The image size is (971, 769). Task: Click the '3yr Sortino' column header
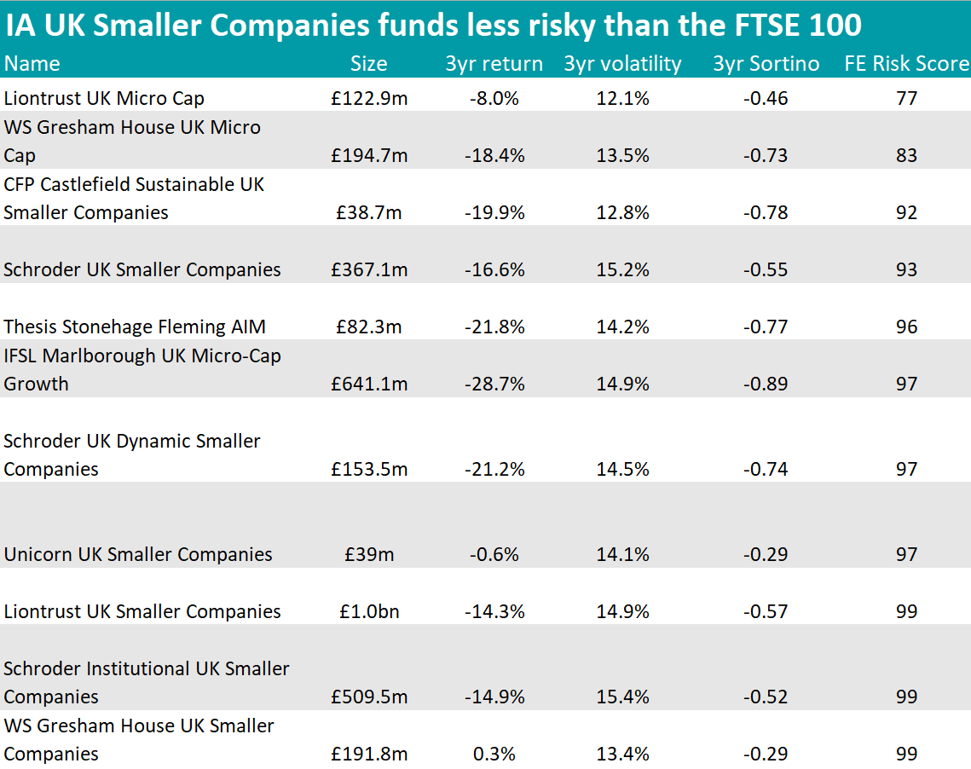[x=766, y=64]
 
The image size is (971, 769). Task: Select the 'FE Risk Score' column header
[x=906, y=64]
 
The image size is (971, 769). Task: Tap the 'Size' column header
[x=368, y=64]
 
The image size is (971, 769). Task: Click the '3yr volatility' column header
[x=622, y=64]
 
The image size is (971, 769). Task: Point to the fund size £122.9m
[x=369, y=99]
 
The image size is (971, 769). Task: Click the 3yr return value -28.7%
[x=494, y=384]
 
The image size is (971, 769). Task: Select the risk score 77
[x=906, y=99]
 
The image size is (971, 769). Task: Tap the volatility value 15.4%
[x=622, y=697]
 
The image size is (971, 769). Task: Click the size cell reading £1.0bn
[x=369, y=611]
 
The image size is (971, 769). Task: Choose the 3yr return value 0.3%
[x=494, y=754]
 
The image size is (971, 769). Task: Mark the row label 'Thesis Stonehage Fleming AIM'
[x=135, y=327]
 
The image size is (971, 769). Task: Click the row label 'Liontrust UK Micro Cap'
[x=104, y=99]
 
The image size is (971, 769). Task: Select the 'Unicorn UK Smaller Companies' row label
[x=138, y=554]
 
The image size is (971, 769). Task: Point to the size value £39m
[x=369, y=554]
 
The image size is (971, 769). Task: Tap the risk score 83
[x=906, y=155]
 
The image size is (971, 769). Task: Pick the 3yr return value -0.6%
[x=494, y=554]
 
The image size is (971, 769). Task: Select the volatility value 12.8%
[x=622, y=212]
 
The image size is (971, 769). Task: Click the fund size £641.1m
[x=369, y=384]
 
